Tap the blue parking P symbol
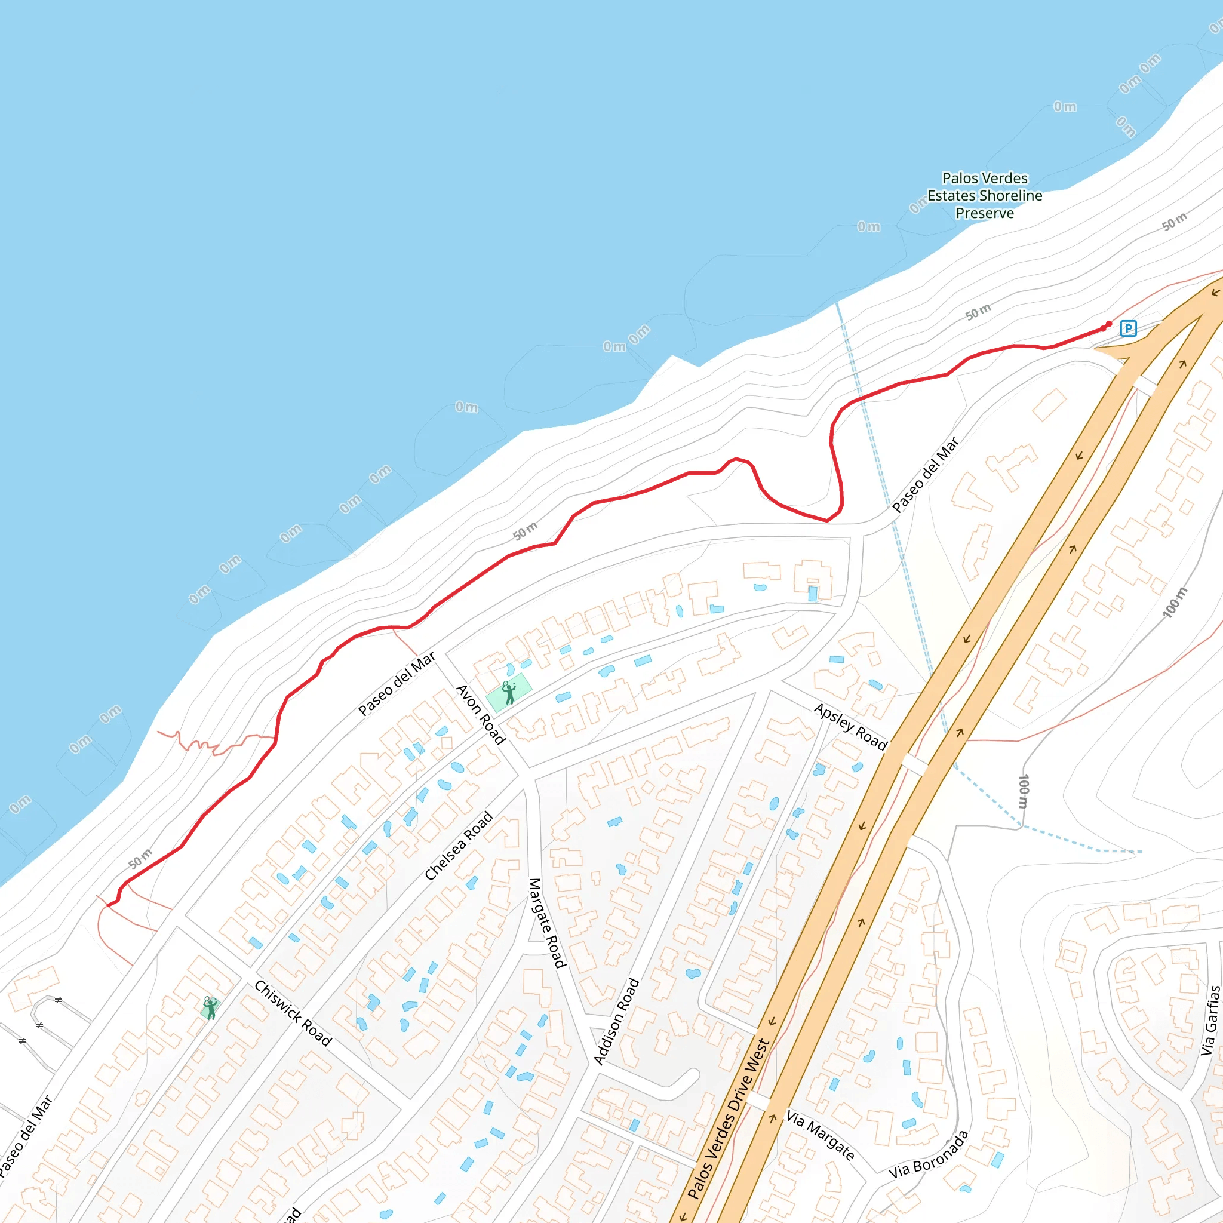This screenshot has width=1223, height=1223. pos(1128,328)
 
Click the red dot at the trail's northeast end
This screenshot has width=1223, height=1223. pos(1108,324)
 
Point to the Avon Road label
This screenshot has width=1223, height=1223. pos(481,714)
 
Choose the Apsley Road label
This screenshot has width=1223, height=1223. pos(851,726)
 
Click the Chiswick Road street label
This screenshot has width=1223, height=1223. pos(293,1013)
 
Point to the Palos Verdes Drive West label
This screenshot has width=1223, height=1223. pos(728,1119)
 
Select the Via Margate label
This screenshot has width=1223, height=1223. pos(820,1135)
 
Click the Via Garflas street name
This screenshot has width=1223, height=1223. pos(1210,1020)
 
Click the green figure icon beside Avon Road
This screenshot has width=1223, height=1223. pos(508,693)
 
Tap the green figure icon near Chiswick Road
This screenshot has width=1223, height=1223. pos(210,1008)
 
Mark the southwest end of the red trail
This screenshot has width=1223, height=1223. pos(108,905)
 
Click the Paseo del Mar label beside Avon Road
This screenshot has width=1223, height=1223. pos(397,684)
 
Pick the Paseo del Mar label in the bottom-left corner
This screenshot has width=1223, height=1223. pos(25,1138)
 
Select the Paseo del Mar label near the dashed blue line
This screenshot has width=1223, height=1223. pos(925,475)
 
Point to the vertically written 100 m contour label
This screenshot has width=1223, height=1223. pos(1024,791)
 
